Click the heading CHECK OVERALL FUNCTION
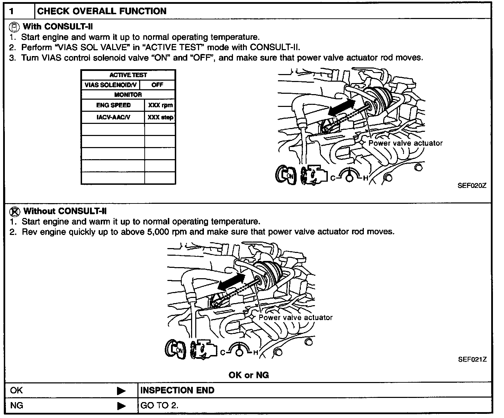[x=101, y=11]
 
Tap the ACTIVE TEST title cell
[x=128, y=75]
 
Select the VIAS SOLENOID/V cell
[x=111, y=85]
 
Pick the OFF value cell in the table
[x=157, y=85]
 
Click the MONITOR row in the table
[x=128, y=94]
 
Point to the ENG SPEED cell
[x=113, y=105]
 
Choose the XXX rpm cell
[x=160, y=106]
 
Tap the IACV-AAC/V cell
[x=113, y=117]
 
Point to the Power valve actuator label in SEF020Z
[x=405, y=143]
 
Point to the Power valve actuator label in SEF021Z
[x=296, y=317]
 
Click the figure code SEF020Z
[x=472, y=185]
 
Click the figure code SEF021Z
[x=472, y=359]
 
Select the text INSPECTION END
[x=177, y=390]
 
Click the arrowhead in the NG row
[x=121, y=405]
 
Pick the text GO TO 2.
[x=159, y=405]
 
